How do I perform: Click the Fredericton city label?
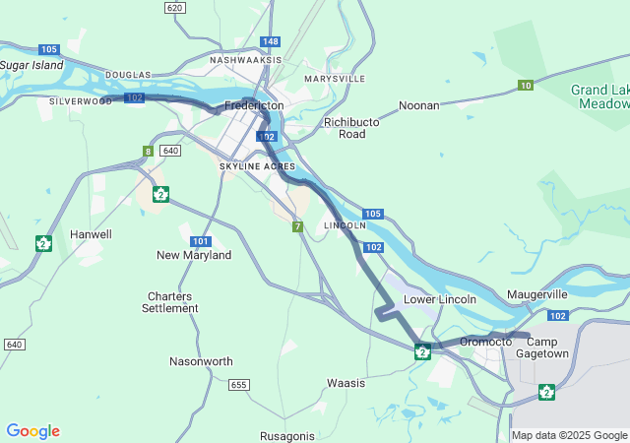point(254,105)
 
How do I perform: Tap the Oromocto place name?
point(486,341)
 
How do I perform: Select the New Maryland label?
point(194,255)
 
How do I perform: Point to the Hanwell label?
point(91,234)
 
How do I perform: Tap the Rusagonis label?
point(287,436)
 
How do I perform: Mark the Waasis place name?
point(346,383)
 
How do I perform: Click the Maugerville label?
point(537,294)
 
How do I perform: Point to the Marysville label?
point(335,78)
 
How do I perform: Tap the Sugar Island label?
point(31,65)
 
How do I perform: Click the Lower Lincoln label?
point(440,299)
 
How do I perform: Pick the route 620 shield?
point(175,7)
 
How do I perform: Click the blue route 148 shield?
point(271,41)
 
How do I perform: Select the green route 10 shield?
point(526,86)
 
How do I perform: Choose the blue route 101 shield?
point(201,241)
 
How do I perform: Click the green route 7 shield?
point(296,227)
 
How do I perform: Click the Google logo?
point(32,431)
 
